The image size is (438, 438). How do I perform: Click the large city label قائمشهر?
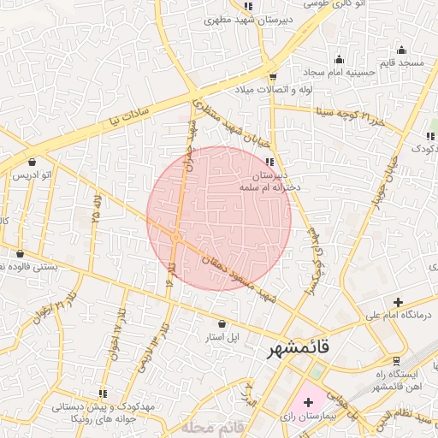point(304,350)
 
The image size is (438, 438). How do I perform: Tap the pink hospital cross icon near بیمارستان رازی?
point(308,401)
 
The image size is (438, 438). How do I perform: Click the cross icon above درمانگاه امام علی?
point(397,302)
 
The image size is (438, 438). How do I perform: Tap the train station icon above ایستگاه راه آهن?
point(394,360)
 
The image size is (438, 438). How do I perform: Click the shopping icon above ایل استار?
point(222,324)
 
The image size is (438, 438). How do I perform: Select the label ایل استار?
point(220,337)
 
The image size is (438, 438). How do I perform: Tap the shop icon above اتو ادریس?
point(33,162)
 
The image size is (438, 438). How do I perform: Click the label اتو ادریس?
point(32,175)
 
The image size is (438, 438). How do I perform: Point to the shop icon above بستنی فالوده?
point(21,253)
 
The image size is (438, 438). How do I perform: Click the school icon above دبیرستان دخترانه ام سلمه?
point(269,162)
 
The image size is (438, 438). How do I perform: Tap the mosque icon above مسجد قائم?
point(402,50)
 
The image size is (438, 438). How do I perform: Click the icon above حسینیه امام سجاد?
point(340,59)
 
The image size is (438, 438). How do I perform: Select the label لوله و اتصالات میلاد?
point(271,89)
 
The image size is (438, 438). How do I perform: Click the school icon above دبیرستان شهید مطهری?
point(247,6)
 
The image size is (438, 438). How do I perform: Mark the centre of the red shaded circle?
point(219,217)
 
